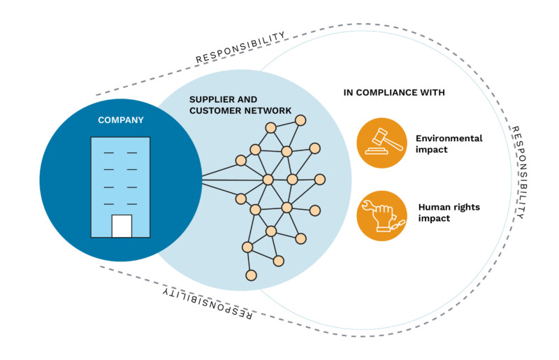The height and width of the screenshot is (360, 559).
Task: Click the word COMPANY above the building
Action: (121, 120)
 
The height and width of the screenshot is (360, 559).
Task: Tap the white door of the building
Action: (122, 226)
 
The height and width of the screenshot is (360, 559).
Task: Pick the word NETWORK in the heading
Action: (268, 110)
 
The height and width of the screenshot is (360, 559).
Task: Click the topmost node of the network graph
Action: (300, 120)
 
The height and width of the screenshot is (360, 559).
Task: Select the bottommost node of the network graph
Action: (252, 275)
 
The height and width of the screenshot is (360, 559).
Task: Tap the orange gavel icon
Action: (382, 143)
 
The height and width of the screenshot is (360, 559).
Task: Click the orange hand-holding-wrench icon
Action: (382, 214)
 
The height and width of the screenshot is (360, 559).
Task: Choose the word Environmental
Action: (449, 138)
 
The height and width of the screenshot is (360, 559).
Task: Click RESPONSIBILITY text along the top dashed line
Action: (240, 48)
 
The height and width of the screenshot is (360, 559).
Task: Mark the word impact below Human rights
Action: (433, 218)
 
